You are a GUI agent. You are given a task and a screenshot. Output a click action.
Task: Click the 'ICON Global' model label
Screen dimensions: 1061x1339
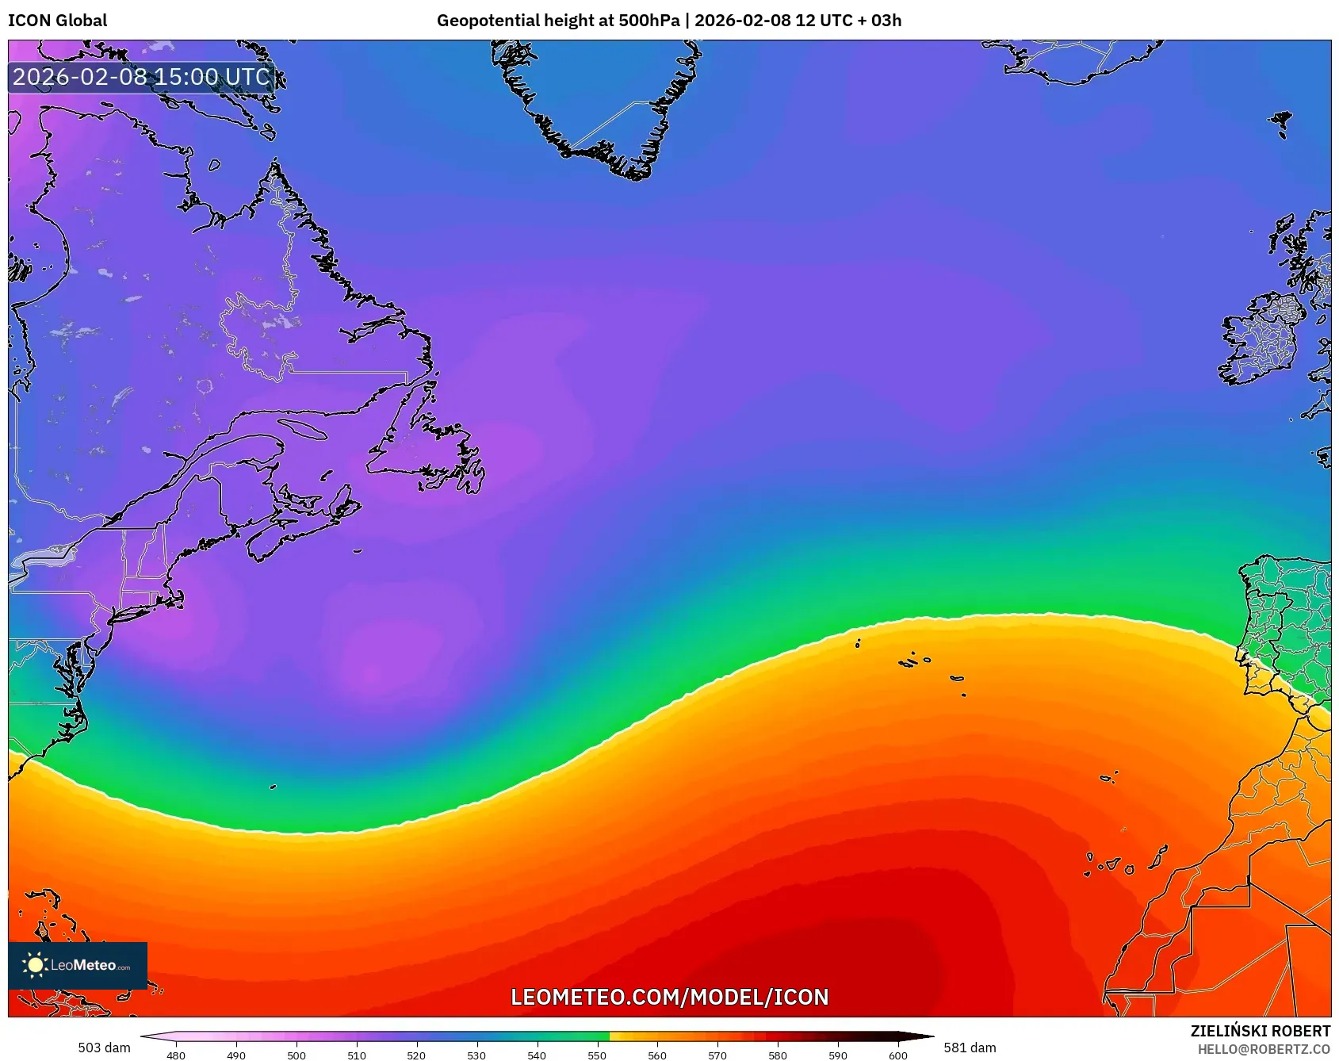tap(57, 21)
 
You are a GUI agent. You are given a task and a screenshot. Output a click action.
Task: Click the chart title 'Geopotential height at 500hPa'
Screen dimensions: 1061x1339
tap(557, 21)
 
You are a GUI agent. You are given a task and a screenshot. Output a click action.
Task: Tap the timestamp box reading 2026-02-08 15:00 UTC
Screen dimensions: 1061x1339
tap(142, 77)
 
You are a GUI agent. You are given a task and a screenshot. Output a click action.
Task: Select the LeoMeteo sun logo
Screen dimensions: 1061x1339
tap(35, 965)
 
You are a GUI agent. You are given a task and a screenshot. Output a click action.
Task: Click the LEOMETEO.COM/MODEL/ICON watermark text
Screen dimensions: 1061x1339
tap(669, 997)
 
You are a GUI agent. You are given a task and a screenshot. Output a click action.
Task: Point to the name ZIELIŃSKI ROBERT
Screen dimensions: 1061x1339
tap(1260, 1031)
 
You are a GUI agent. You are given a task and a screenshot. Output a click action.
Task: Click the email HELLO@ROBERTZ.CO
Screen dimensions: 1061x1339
tap(1264, 1049)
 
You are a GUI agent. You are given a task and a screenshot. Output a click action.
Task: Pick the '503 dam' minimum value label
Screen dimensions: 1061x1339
tap(104, 1048)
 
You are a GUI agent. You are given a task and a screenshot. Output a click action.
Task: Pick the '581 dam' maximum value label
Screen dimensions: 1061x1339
tap(970, 1048)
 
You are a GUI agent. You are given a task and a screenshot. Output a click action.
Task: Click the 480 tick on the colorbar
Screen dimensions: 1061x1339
tap(176, 1055)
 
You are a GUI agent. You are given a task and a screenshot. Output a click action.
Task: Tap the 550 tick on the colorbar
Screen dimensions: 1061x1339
tap(597, 1055)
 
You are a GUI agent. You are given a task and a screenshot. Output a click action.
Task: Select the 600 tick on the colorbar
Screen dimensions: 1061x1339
tap(897, 1055)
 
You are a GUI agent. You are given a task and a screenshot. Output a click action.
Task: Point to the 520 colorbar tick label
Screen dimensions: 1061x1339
tap(416, 1055)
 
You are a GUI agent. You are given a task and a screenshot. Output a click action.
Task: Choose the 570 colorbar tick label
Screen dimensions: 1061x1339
tap(717, 1055)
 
